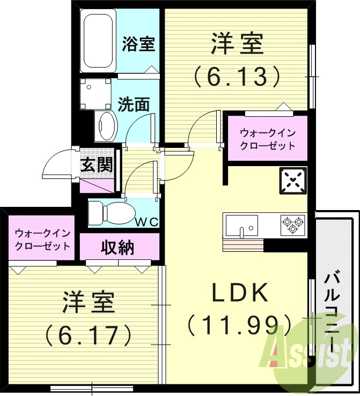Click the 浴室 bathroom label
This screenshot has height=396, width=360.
pos(138,44)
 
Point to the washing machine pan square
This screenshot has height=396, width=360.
pos(96,92)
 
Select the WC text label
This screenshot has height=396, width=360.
pos(146,222)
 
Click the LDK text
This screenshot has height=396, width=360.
pos(239,293)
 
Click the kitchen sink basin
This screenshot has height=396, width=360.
pos(242,224)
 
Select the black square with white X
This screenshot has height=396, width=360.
pos(292,182)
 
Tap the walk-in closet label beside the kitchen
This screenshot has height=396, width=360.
pos(268,139)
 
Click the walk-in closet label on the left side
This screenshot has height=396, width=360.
pos(42,239)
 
